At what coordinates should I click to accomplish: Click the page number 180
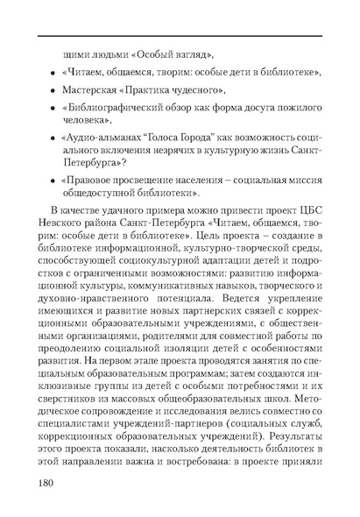(50, 485)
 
